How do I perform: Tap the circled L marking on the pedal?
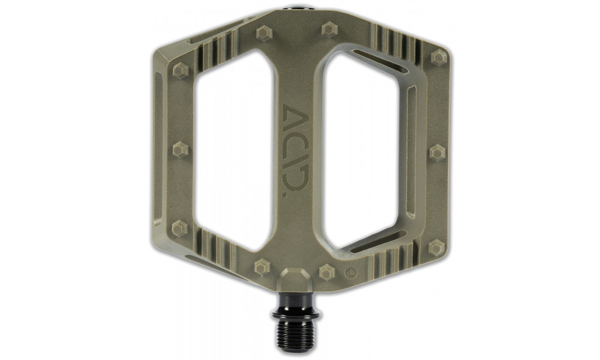(350, 275)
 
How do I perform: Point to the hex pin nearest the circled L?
(326, 272)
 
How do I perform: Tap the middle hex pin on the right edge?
(437, 152)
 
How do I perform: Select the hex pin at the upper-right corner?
(439, 57)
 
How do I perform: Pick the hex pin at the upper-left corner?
(180, 71)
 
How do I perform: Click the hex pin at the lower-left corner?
(180, 228)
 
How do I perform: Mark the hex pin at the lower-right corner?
(436, 247)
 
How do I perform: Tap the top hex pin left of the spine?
(264, 33)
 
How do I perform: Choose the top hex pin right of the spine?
(329, 29)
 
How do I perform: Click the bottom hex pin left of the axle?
(262, 267)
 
